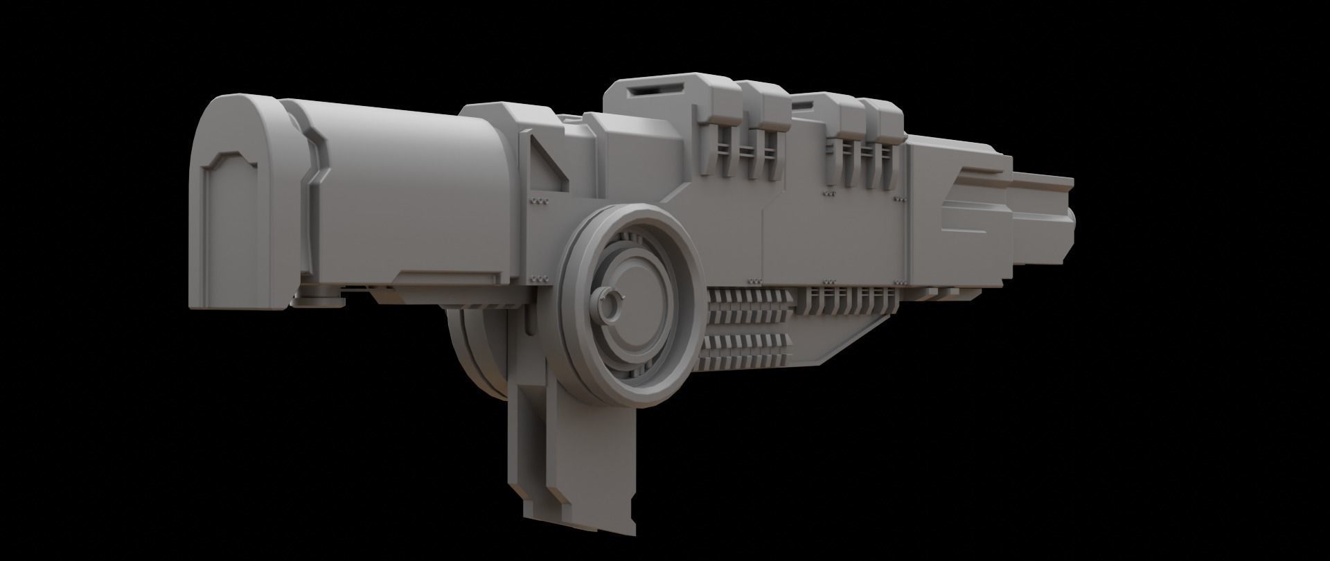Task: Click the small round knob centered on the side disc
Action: (610, 305)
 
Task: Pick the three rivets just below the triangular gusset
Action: (539, 201)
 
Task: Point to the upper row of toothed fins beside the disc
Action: (748, 305)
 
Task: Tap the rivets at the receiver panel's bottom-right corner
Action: (900, 281)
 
